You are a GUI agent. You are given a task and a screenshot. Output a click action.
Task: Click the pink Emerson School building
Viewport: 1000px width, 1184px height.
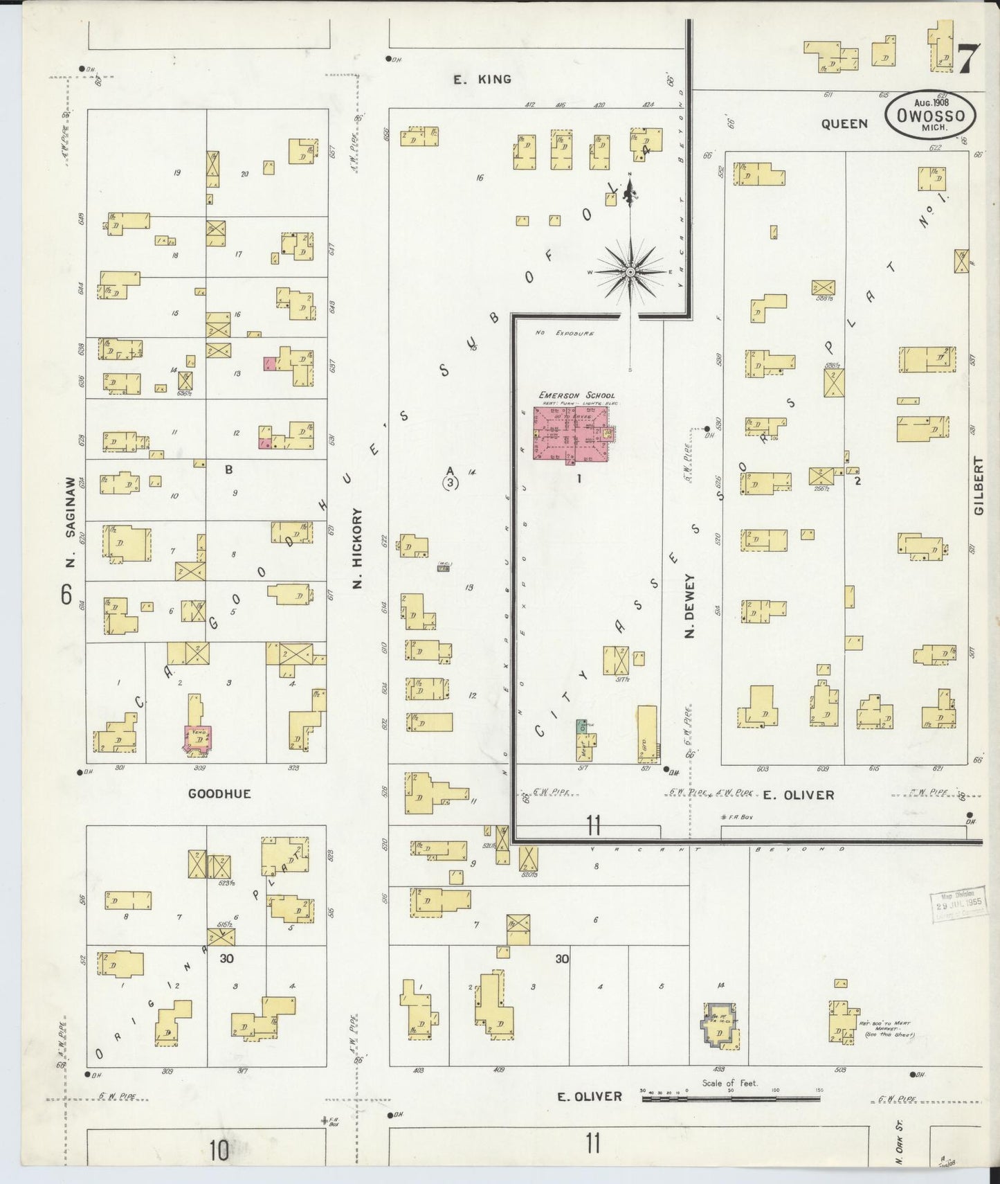coord(571,434)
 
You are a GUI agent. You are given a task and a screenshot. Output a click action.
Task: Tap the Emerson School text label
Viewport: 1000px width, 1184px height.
coord(576,395)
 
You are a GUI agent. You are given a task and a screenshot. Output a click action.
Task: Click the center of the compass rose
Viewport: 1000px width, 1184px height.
coord(630,272)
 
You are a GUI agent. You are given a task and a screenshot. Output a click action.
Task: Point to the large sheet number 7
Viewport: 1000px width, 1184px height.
coord(968,58)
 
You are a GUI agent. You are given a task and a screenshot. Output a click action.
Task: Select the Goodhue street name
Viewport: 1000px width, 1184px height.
coord(219,793)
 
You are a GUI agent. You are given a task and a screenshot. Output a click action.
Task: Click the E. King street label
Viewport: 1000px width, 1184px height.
coord(482,80)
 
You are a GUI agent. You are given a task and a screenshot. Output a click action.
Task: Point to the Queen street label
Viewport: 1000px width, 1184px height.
coord(844,124)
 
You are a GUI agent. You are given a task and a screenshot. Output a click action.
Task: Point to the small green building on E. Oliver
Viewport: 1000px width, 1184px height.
coord(582,726)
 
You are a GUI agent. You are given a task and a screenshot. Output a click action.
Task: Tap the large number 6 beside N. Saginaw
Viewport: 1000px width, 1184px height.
coord(66,594)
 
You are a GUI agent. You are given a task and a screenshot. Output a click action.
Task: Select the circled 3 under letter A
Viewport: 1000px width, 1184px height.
coord(451,483)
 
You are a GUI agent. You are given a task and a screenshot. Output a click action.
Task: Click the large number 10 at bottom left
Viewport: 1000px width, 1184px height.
coord(219,1151)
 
